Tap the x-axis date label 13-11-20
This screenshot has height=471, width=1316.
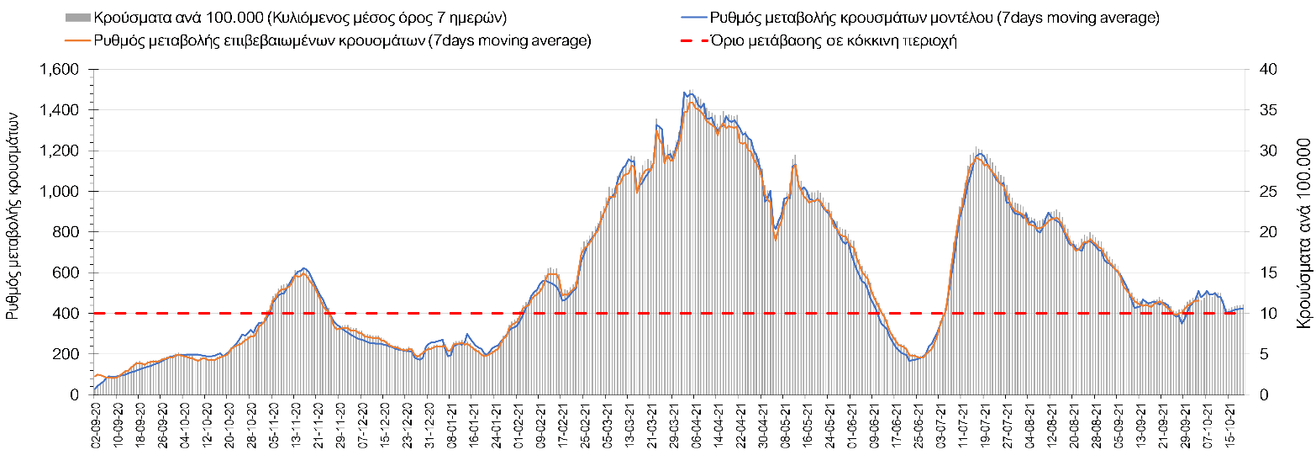[297, 429]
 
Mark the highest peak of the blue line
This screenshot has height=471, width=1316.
[686, 93]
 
